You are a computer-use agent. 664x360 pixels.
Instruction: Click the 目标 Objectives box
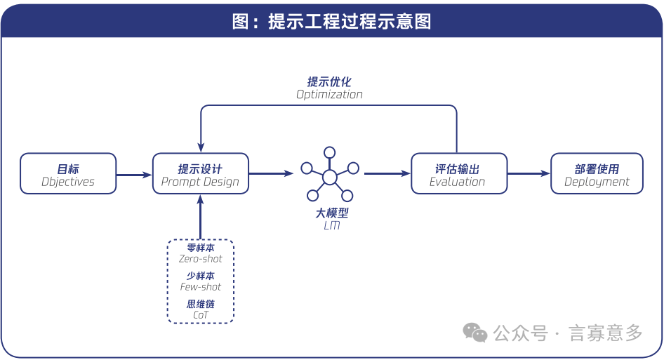tap(68, 174)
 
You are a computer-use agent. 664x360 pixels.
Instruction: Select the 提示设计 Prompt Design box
tap(201, 174)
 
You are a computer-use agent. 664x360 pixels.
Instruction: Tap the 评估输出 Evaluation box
tap(458, 174)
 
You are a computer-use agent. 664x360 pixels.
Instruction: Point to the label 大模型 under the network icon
tap(332, 213)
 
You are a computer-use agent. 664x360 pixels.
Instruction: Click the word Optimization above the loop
tap(329, 95)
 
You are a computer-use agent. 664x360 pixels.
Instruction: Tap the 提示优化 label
tap(329, 81)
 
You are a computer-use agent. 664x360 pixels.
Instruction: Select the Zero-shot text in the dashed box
tap(201, 259)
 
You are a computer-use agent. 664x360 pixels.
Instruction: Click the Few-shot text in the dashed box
tap(201, 287)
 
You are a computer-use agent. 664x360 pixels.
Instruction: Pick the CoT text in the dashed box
tap(201, 315)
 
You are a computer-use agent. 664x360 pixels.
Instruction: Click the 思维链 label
tap(201, 304)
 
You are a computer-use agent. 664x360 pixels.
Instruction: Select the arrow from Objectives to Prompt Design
tap(134, 175)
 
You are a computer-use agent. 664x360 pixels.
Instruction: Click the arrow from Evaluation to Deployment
tap(528, 174)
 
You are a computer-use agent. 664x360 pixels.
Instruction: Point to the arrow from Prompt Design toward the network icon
tap(271, 173)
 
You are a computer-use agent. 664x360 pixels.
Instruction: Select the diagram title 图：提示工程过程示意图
tap(331, 22)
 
